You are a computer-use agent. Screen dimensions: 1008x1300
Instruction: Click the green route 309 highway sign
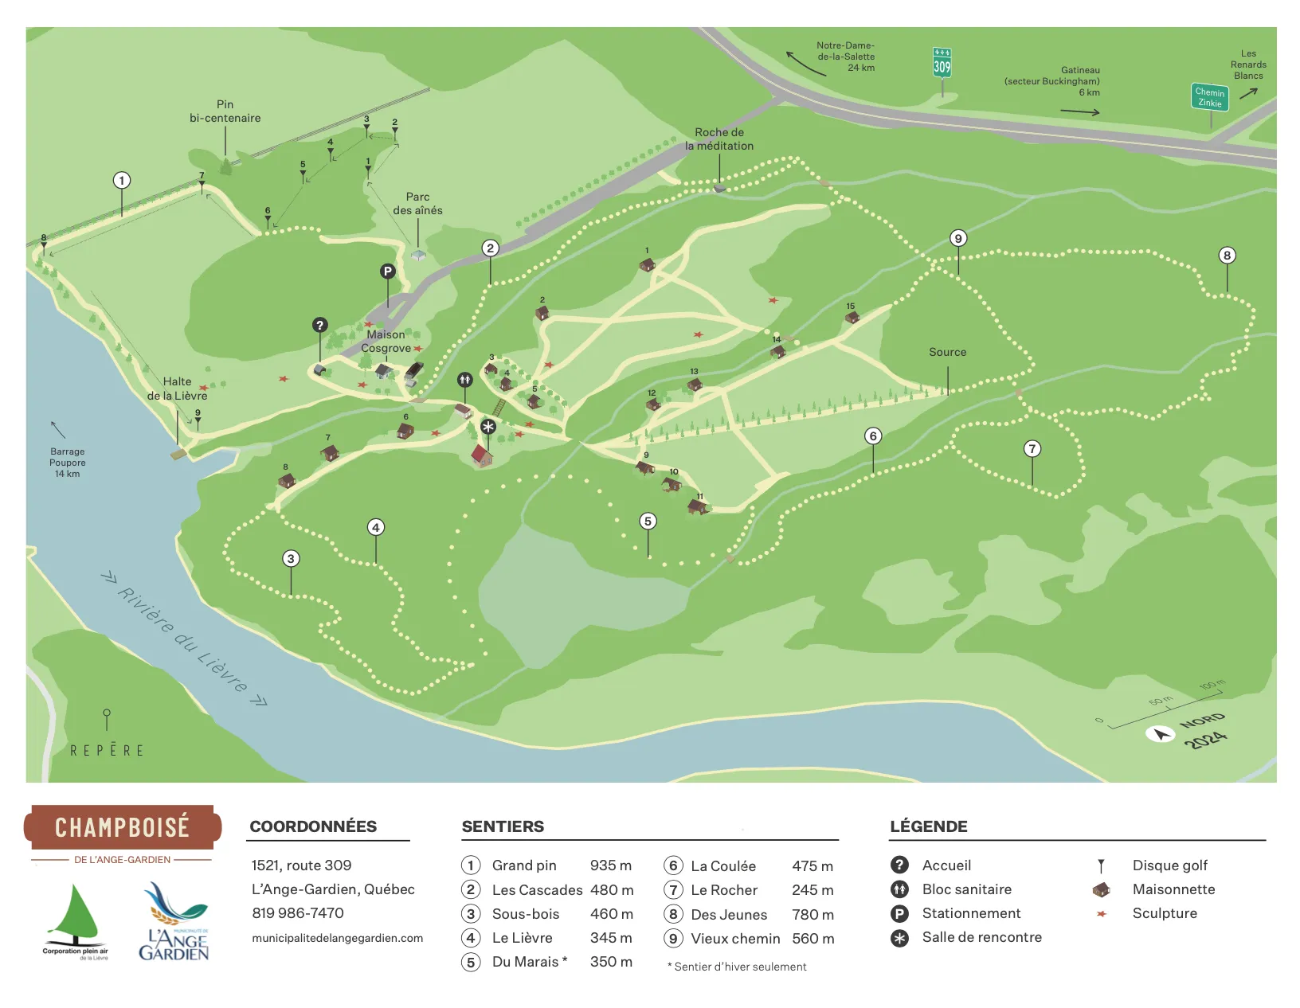942,64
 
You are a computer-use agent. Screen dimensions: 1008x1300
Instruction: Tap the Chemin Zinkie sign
1209,97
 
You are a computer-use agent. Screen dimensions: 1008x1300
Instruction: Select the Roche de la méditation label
719,139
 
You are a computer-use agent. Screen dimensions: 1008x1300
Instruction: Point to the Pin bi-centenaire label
225,111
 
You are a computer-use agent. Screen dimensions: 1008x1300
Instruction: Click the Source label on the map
947,352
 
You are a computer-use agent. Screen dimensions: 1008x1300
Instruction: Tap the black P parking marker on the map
387,272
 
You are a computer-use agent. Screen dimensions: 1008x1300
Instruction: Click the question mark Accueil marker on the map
319,325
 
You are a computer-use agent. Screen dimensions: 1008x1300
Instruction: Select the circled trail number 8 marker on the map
1227,256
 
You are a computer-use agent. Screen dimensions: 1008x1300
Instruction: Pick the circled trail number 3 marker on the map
291,558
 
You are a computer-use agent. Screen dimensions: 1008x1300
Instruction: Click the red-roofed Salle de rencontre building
481,455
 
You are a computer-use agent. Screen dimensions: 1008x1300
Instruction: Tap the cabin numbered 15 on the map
852,317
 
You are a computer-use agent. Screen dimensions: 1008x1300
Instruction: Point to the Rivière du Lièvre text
183,639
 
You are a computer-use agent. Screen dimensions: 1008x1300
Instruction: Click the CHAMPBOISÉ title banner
122,827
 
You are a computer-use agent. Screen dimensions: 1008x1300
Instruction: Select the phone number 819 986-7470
298,913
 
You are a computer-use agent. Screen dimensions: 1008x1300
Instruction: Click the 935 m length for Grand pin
610,865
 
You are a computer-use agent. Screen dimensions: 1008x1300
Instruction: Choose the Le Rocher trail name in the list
723,890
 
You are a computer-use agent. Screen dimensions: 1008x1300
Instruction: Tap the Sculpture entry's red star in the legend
1102,914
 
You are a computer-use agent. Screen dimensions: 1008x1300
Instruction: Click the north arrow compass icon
1160,733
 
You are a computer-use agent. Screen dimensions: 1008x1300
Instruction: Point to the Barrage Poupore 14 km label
67,463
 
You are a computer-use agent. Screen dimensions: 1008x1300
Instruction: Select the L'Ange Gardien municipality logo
174,922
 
